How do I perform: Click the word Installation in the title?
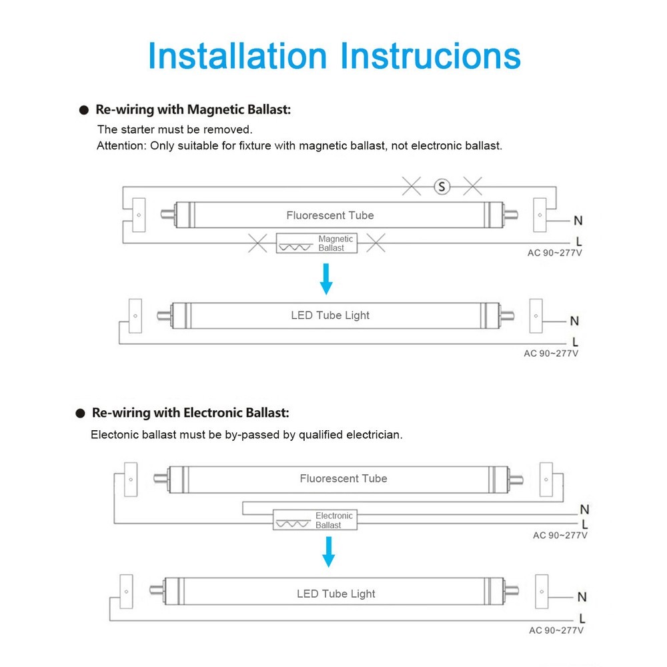pos(237,55)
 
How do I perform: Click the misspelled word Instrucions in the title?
pos(431,55)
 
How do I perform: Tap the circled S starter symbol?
pos(442,187)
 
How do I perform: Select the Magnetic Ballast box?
pos(317,243)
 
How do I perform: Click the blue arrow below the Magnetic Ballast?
pos(326,279)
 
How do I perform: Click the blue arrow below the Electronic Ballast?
pos(327,552)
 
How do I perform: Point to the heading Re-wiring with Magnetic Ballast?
pos(193,109)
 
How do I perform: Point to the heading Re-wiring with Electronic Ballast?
pos(191,414)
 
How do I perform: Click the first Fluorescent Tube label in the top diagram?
pos(330,215)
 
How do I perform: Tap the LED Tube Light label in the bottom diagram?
pos(336,594)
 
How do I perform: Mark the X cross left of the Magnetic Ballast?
pos(257,243)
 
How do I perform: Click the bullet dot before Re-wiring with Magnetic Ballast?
pos(83,110)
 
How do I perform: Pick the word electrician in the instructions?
pos(374,435)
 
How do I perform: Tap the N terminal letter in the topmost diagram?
pos(578,221)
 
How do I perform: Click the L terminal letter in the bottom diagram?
pos(582,618)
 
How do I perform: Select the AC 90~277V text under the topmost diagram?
pos(554,253)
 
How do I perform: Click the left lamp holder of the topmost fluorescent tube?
pos(139,215)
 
